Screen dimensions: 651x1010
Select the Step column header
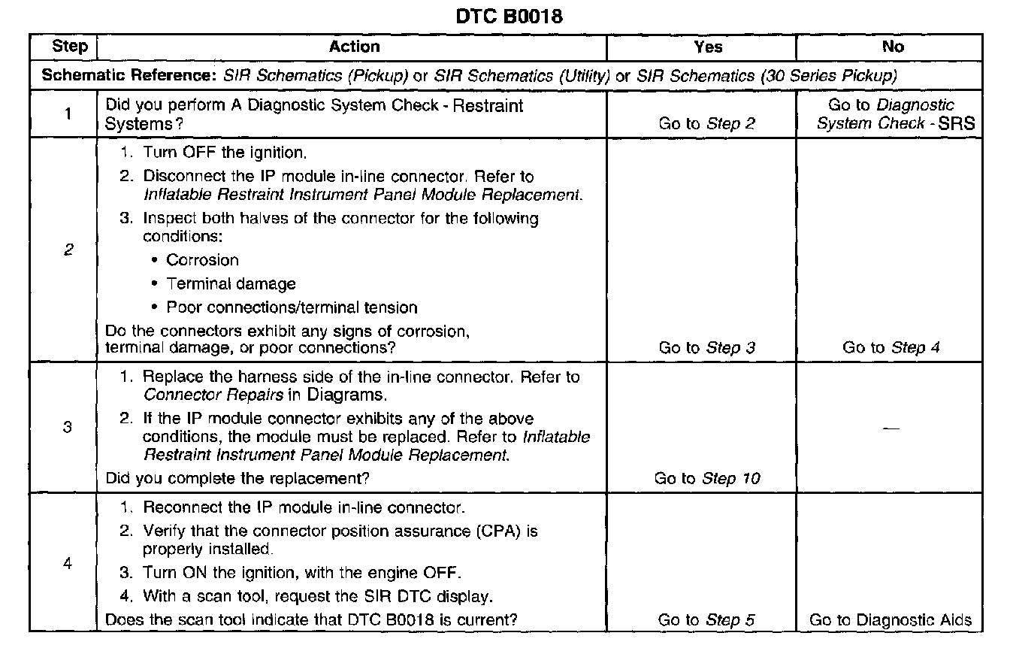point(69,47)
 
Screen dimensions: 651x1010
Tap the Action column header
point(354,47)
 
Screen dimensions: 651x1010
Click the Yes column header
point(708,47)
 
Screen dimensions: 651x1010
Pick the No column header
point(893,47)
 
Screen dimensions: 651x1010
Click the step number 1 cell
point(68,114)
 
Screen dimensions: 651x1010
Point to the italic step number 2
point(68,250)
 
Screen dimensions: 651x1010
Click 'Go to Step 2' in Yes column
point(706,124)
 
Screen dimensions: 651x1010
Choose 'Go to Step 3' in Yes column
point(706,347)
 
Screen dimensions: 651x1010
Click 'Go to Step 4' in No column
point(891,347)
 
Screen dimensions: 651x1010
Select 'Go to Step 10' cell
point(707,478)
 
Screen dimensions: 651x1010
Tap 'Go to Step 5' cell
point(706,620)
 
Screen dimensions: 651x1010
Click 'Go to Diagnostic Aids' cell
point(891,620)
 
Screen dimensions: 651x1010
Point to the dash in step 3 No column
point(891,428)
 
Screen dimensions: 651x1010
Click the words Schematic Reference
point(130,76)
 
